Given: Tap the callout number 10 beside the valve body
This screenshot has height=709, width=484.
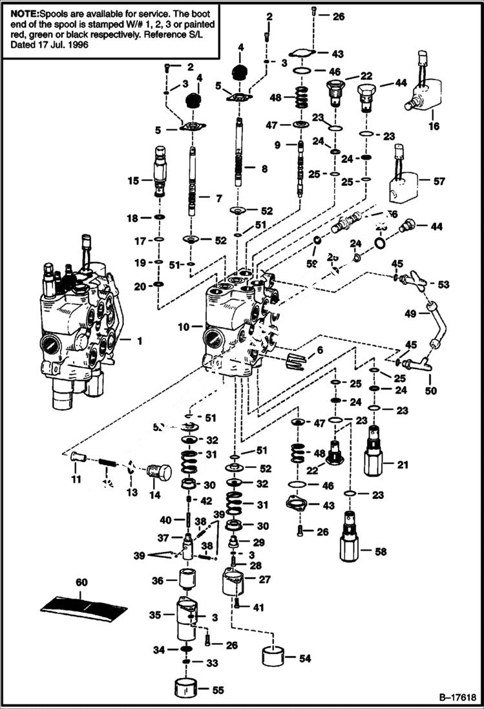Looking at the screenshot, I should (184, 327).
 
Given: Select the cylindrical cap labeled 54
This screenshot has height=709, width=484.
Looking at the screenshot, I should (275, 658).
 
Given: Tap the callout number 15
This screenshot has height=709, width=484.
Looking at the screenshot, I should (133, 181).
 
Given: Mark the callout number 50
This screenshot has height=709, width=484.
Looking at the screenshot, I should (430, 390).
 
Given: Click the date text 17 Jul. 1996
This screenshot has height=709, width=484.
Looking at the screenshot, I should (64, 46).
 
